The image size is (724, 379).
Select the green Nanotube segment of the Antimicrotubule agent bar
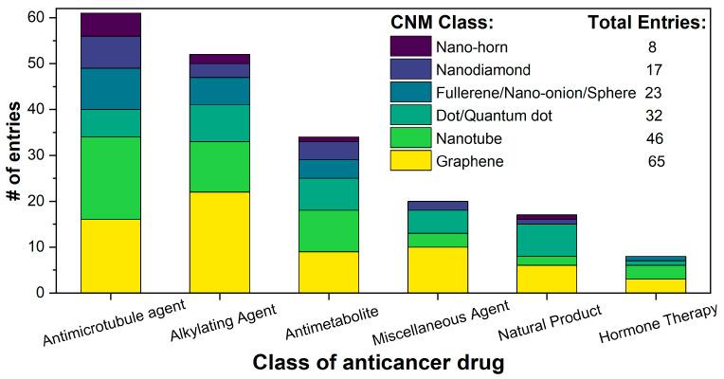(111, 178)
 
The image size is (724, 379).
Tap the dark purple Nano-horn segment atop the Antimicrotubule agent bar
(111, 25)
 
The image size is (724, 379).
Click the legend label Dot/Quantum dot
(495, 116)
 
